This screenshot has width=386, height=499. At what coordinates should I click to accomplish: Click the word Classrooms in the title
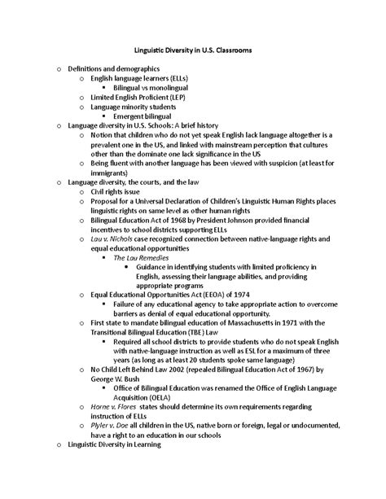[x=232, y=50]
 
